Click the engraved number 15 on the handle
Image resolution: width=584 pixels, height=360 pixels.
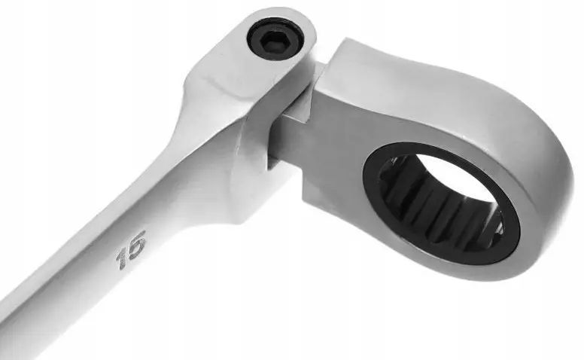point(131,249)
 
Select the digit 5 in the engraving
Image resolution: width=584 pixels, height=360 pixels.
point(136,241)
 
